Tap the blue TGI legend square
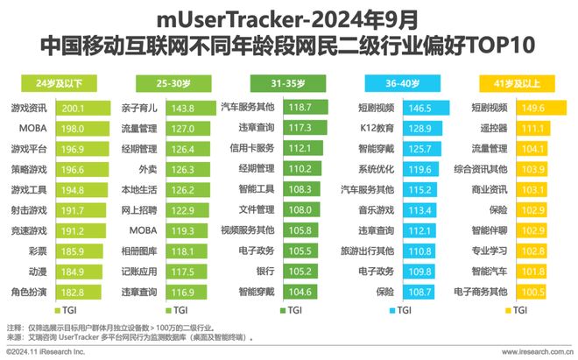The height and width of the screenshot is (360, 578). [391, 310]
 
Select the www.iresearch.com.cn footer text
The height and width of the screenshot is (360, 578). [534, 352]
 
